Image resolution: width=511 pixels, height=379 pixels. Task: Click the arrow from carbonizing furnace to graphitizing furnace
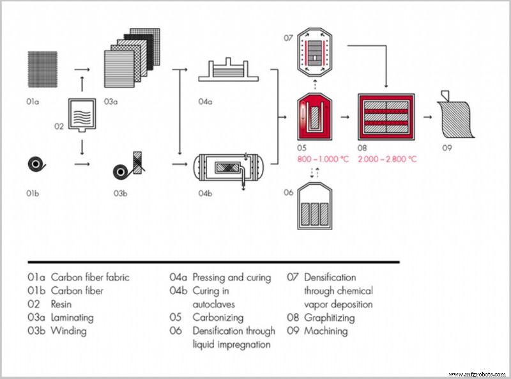tap(345, 118)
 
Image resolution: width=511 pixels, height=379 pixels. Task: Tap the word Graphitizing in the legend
tap(332, 318)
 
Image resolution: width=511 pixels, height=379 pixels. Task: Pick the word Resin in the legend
tap(62, 304)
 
